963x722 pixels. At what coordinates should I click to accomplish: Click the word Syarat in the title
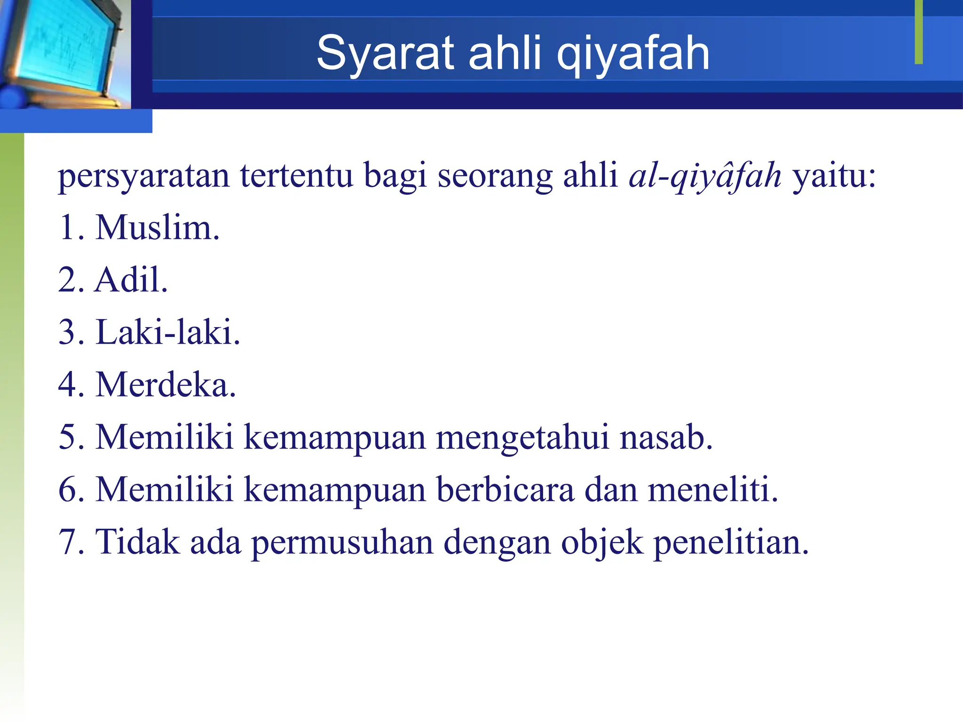[385, 53]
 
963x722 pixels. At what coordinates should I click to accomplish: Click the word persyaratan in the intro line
[144, 176]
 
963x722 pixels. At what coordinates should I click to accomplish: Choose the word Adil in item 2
[131, 280]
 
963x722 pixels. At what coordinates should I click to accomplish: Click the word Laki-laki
[168, 332]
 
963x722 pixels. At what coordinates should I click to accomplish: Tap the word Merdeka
[166, 385]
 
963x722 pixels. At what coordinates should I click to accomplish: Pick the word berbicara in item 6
[505, 489]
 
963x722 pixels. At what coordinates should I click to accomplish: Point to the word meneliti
[713, 489]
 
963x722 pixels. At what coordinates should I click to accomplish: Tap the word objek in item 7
[602, 542]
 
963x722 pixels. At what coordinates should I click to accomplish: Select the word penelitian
[731, 542]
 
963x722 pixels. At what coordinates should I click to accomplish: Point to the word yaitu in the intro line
[834, 176]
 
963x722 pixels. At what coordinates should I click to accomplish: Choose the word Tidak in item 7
[137, 542]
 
